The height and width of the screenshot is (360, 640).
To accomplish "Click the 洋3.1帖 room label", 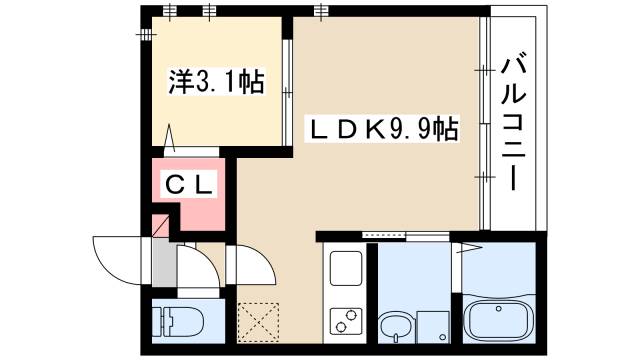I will click(211, 83).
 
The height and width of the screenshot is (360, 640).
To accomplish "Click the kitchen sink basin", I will click(346, 269).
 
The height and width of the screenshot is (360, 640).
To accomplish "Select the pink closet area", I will click(195, 195).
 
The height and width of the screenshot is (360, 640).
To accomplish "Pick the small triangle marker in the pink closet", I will click(160, 225).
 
